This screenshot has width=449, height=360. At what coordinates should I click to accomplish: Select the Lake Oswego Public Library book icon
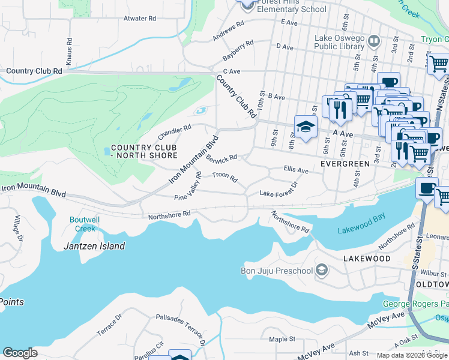373,41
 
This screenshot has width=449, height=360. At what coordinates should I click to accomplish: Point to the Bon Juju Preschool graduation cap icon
322,270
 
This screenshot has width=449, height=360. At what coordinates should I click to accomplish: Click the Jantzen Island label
94,246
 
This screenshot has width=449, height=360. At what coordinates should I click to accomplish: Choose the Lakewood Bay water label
360,230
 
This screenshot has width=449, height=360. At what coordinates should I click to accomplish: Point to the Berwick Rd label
221,158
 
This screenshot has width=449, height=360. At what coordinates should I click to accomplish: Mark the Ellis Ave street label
295,171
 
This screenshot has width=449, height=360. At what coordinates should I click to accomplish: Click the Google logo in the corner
20,352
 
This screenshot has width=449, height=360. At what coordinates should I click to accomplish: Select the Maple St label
279,339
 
